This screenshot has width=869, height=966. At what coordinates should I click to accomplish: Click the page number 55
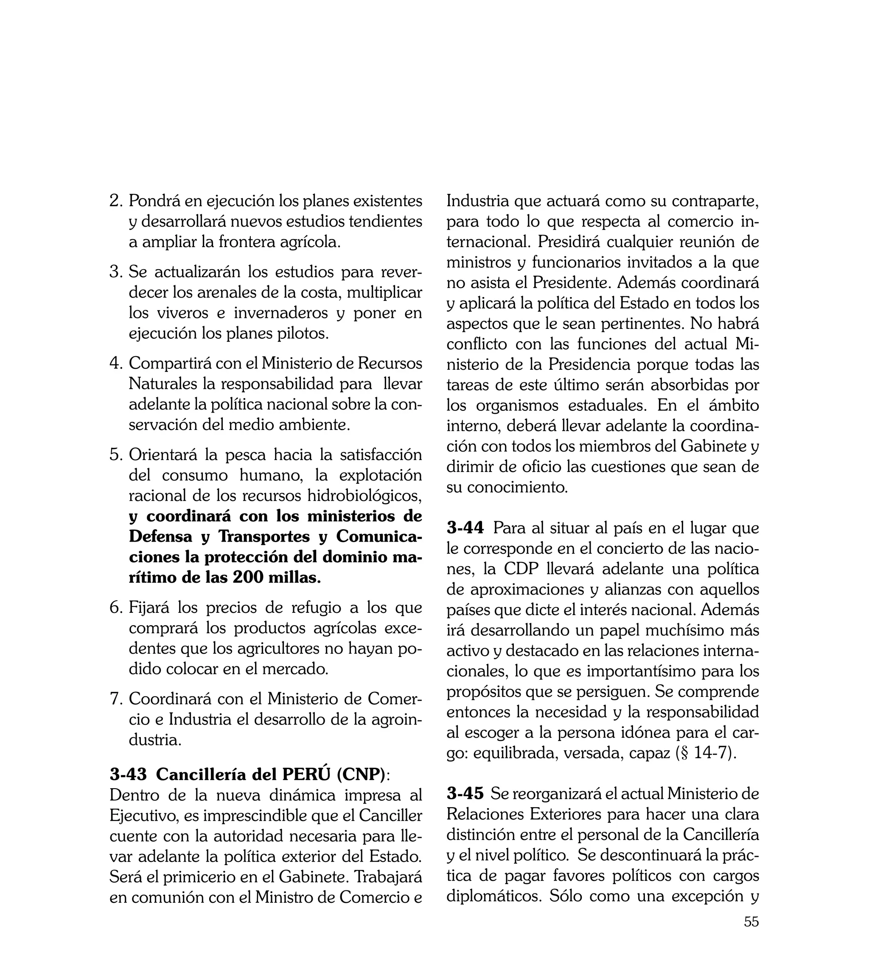tap(751, 935)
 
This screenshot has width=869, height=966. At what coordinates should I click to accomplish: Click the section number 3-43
tap(128, 775)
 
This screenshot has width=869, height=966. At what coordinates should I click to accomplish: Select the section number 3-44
tap(465, 528)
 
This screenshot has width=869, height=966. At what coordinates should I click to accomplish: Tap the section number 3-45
tap(465, 794)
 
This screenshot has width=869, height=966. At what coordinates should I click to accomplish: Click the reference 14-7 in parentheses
tap(710, 753)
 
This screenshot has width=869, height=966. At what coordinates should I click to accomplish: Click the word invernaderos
tap(281, 313)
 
